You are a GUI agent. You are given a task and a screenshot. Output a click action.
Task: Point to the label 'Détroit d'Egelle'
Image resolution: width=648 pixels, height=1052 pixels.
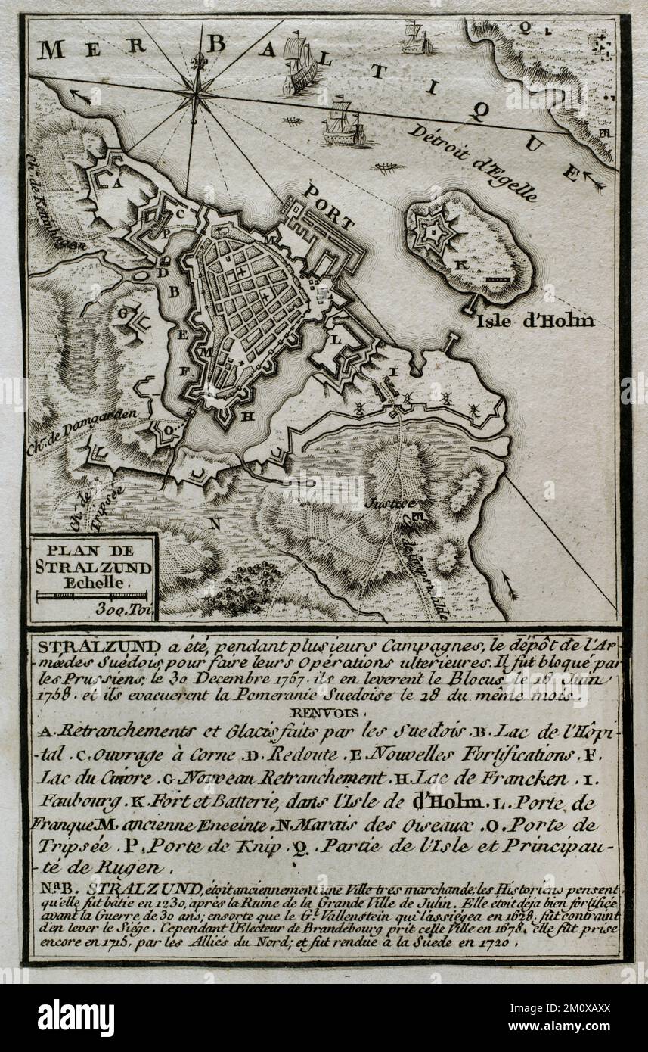click(x=473, y=161)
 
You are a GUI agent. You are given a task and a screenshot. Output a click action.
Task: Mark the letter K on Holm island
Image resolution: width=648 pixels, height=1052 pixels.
click(x=457, y=266)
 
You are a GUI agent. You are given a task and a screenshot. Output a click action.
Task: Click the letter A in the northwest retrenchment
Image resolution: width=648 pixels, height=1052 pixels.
click(x=116, y=182)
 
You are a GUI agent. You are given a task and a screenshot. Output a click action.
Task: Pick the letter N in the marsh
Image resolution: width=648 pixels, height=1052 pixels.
click(x=215, y=522)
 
